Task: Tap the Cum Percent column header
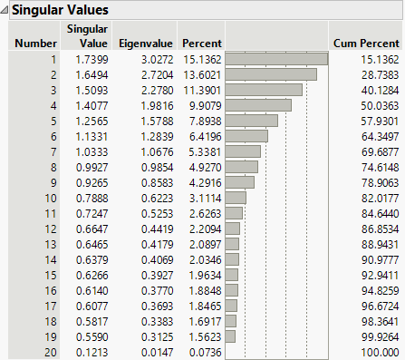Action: tap(364, 43)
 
